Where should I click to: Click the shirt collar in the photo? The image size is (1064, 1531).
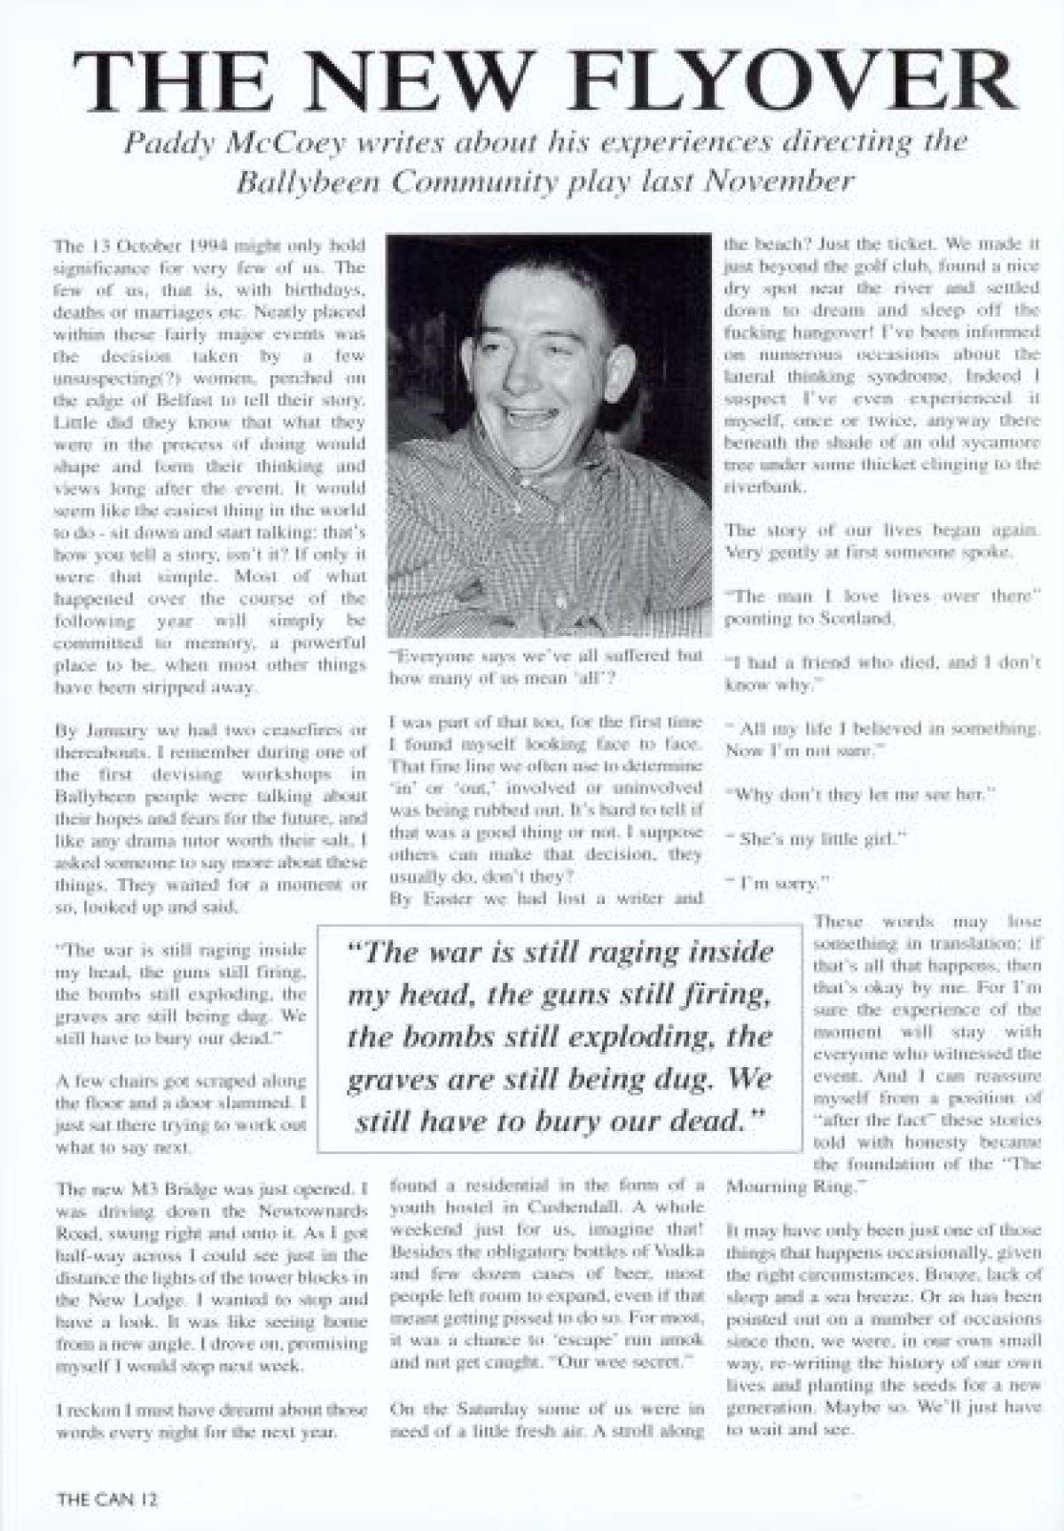[497, 506]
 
